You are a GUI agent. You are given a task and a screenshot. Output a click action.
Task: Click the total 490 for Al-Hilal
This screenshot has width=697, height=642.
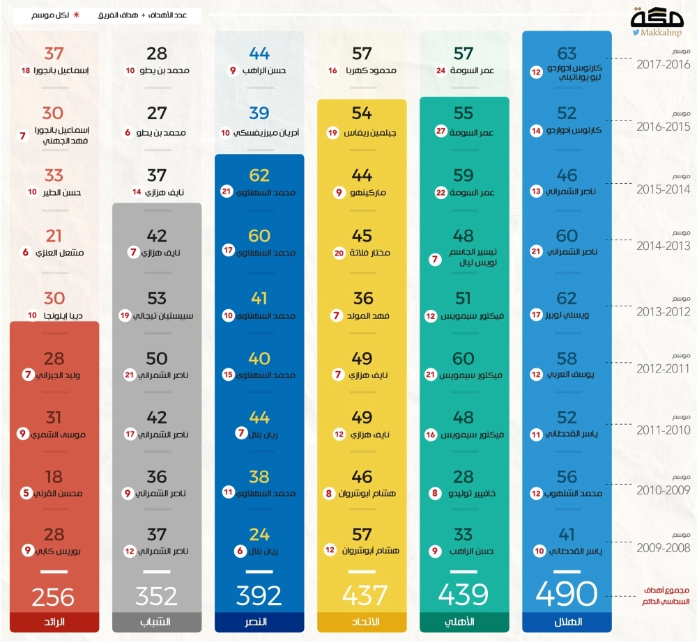(x=567, y=594)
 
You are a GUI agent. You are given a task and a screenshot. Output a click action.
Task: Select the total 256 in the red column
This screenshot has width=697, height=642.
(x=54, y=597)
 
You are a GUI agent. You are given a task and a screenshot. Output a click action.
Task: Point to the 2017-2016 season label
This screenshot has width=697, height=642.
(x=664, y=64)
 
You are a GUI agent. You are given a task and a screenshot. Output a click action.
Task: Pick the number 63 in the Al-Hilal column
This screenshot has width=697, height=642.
(x=567, y=54)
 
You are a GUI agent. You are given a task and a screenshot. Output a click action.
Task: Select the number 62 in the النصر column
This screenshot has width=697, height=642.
(x=259, y=175)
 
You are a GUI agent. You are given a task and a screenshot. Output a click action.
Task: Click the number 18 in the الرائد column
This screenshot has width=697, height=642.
(x=26, y=70)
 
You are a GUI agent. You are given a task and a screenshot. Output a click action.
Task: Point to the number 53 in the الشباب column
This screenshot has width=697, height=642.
(x=157, y=298)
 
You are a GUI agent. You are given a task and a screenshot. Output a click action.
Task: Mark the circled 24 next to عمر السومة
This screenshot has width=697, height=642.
(x=441, y=70)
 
